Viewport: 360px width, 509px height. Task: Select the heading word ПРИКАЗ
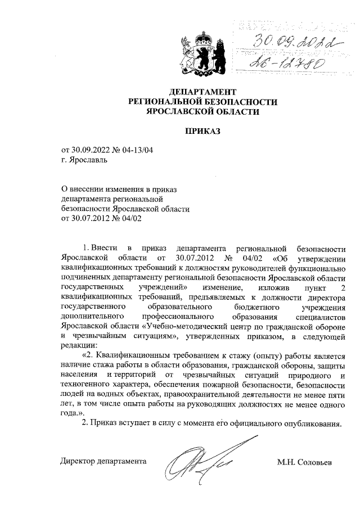[203, 132]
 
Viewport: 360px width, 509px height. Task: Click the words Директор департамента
[104, 462]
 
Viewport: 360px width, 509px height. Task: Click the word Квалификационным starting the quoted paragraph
[132, 356]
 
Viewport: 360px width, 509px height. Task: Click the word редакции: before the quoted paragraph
[79, 345]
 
